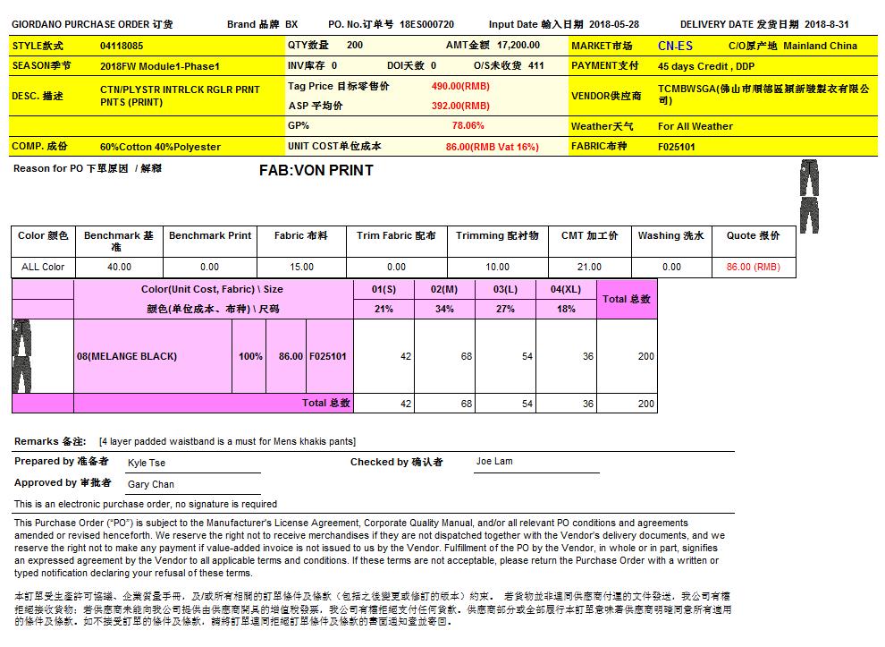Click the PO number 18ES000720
pos(426,25)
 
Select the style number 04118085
pos(122,46)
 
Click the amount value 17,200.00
pos(518,45)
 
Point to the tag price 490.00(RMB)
pos(460,86)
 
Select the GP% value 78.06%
pos(468,126)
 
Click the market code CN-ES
pos(675,46)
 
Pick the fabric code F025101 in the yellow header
pos(677,147)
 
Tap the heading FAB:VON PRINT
pos(316,170)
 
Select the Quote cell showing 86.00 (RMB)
pos(753,267)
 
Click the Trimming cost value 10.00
pos(497,267)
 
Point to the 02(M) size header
pos(444,290)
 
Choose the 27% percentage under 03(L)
pos(505,309)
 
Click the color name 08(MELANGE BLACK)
pos(127,356)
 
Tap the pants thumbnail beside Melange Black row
pos(21,356)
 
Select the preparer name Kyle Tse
pos(147,464)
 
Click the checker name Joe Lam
pos(494,462)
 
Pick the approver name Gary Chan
pos(151,484)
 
